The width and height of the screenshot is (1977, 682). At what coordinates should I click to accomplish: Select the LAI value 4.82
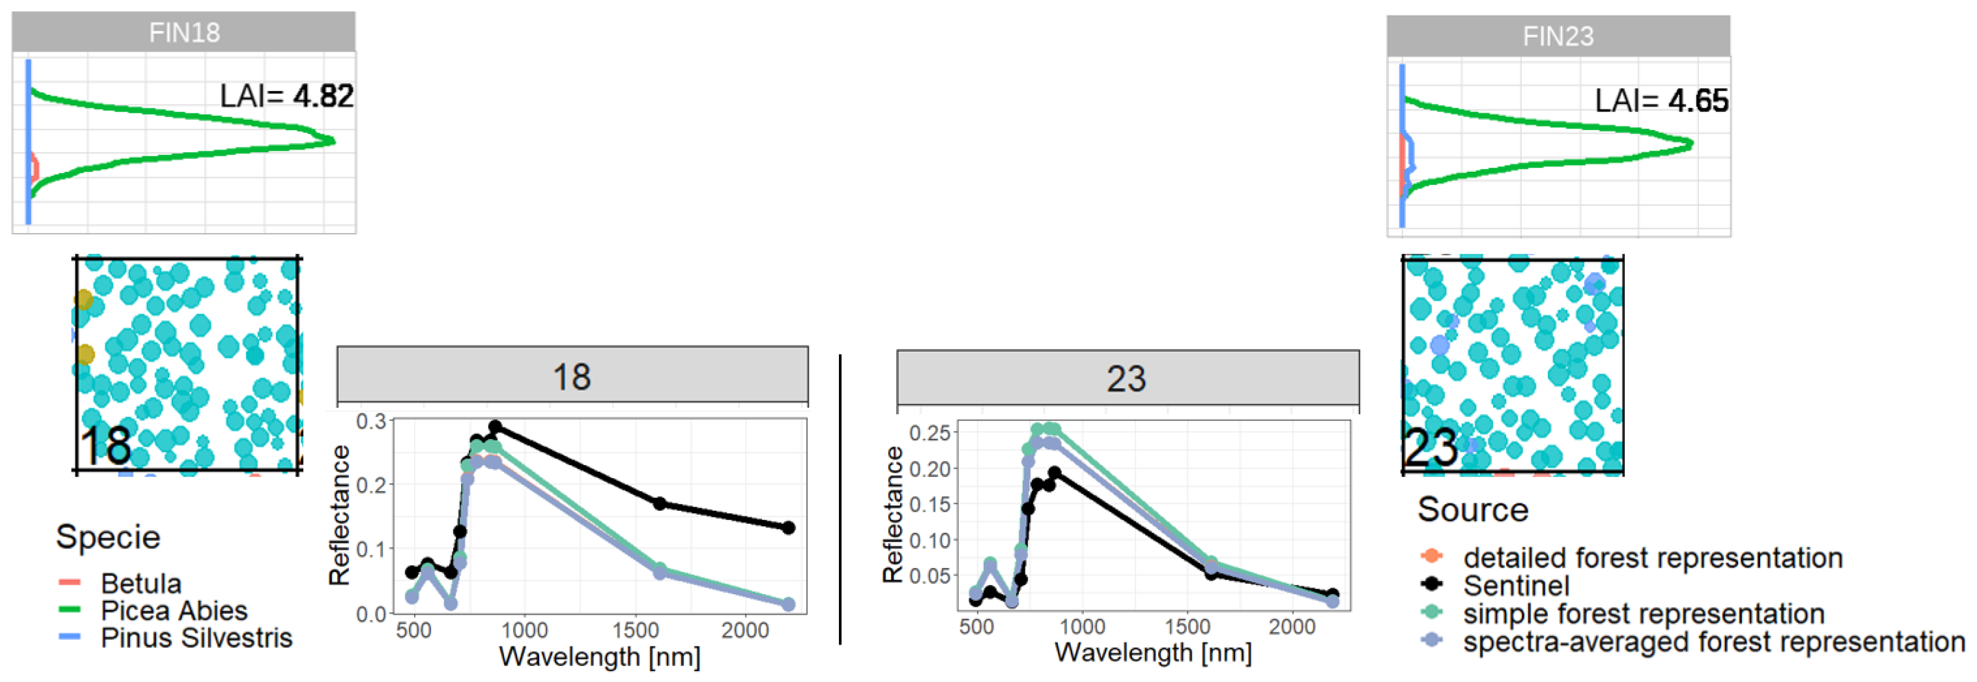point(323,96)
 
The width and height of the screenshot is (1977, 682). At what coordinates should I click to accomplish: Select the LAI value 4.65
point(1698,101)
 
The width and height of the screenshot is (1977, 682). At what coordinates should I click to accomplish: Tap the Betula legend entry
point(140,584)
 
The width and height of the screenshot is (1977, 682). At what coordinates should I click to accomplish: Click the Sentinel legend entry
point(1516,586)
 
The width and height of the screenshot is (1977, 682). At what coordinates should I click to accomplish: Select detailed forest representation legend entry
point(1652,557)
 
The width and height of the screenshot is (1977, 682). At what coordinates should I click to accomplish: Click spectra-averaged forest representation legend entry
point(1713,641)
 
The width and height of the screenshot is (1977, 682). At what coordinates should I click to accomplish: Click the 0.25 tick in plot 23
point(929,433)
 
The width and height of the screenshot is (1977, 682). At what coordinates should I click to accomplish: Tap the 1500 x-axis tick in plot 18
point(635,630)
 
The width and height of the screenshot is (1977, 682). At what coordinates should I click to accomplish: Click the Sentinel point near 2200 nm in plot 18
point(788,527)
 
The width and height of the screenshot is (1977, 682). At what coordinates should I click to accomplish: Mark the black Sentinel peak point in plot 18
point(495,426)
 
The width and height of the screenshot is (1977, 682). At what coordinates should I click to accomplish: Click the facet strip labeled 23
point(1127,378)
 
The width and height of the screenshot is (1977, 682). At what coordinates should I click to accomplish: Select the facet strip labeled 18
point(572,376)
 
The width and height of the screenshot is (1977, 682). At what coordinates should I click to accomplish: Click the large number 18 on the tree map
point(106,446)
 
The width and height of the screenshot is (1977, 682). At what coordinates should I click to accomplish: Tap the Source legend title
point(1472,510)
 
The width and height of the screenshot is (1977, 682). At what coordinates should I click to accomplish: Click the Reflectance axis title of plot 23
point(893,514)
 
